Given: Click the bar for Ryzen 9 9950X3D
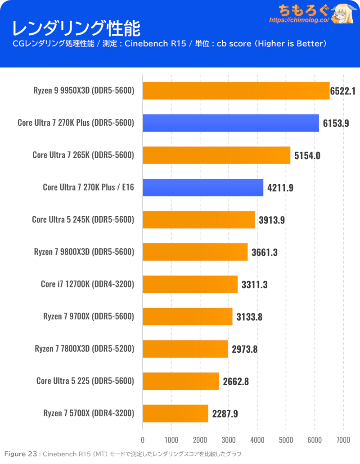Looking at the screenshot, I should [236, 91].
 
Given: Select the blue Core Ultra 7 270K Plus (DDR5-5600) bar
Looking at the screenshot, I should [231, 123].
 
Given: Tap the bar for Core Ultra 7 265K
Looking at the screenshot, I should [216, 155].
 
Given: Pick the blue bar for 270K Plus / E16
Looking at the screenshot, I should [203, 187].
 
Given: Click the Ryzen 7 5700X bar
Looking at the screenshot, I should [175, 413].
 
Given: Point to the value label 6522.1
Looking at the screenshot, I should [343, 91].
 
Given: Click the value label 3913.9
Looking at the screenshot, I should [272, 220].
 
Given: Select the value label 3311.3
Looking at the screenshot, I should [255, 285].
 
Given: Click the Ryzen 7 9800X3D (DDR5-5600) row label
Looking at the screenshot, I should [84, 252].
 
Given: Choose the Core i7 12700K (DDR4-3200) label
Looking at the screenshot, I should [87, 284].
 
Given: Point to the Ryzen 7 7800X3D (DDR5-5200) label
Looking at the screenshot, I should [85, 349].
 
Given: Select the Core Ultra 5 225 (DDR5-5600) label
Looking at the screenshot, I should [85, 381].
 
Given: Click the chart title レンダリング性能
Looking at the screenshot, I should [76, 28].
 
